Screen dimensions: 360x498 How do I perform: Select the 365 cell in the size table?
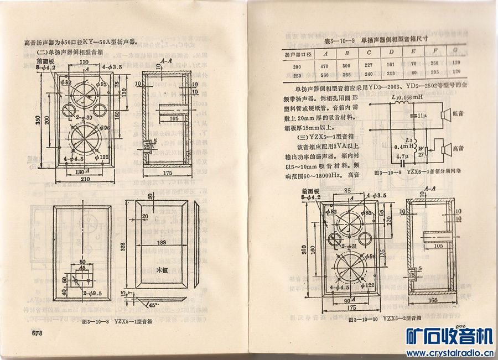(346, 74)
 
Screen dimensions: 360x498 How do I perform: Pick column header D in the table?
(391, 53)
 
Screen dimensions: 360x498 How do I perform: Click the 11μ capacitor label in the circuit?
(422, 115)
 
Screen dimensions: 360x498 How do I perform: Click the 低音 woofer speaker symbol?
(444, 114)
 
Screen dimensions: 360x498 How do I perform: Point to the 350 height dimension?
(38, 122)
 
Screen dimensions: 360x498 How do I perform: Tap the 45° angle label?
(153, 304)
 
